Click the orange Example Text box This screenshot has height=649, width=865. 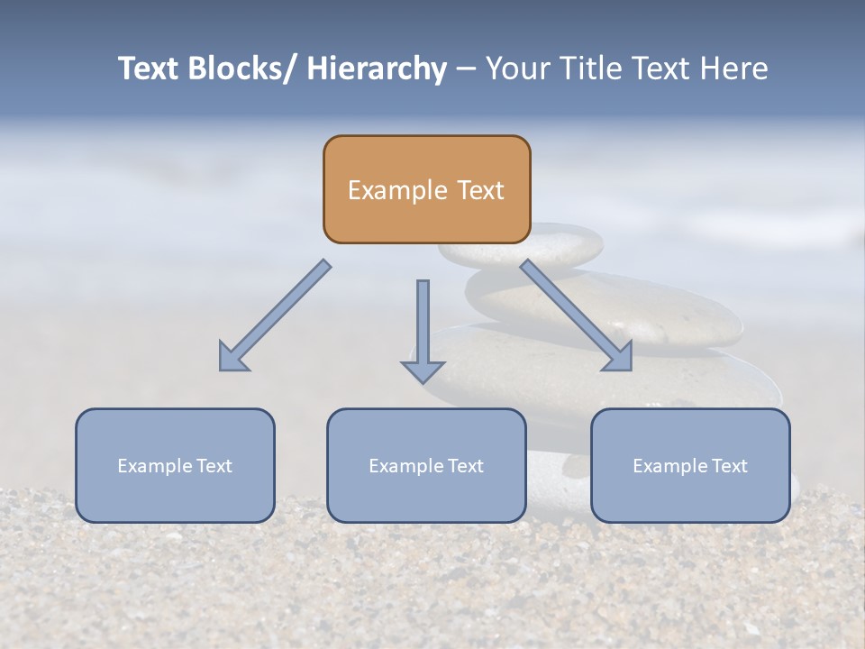(x=426, y=189)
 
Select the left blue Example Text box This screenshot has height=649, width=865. (x=175, y=465)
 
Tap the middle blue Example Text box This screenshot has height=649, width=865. (x=426, y=465)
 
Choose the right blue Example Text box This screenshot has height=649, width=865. (x=690, y=465)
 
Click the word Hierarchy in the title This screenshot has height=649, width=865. (x=377, y=69)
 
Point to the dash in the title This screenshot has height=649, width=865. (x=465, y=69)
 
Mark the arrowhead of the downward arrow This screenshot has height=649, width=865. (x=423, y=370)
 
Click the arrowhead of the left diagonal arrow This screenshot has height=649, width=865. (x=231, y=358)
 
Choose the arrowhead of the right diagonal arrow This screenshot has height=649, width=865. (x=620, y=358)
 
